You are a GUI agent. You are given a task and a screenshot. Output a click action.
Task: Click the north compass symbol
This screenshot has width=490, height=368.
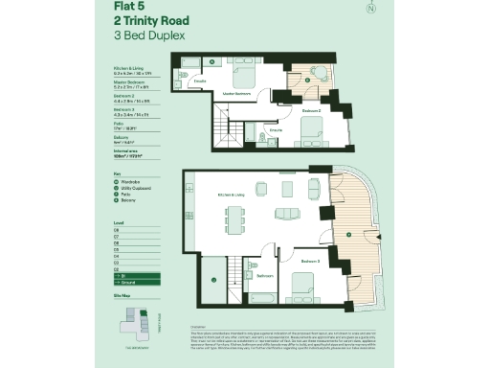coord(370,10)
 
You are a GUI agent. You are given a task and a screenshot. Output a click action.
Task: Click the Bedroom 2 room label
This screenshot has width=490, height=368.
coord(311,111)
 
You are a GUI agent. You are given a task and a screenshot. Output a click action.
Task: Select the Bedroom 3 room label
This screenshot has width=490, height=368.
coord(309,260)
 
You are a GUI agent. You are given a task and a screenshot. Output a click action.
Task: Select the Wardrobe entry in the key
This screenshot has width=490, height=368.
coord(128,181)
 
